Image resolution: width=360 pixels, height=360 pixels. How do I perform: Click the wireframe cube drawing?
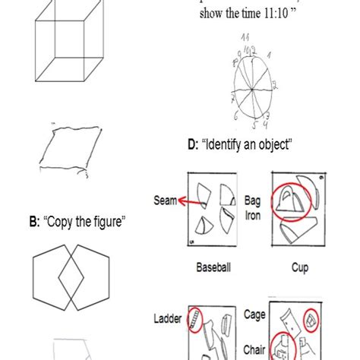coord(69,45)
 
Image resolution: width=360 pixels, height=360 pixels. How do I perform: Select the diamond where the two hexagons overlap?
coord(74,279)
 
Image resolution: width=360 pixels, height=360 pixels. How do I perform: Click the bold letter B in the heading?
coord(34,223)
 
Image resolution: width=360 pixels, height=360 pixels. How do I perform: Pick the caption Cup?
coord(300,267)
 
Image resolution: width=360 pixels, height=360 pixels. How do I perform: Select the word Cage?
coord(254,314)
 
